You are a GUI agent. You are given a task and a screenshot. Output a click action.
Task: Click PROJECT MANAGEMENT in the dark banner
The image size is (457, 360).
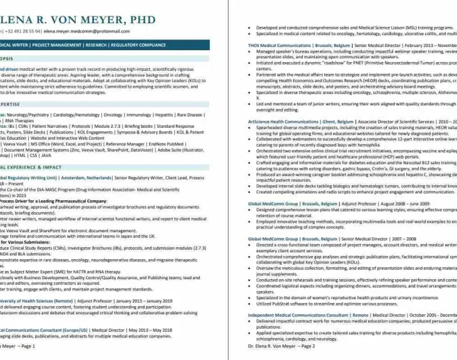[x=53, y=45]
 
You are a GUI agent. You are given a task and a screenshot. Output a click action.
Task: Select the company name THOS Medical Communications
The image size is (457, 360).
[x=279, y=45]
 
